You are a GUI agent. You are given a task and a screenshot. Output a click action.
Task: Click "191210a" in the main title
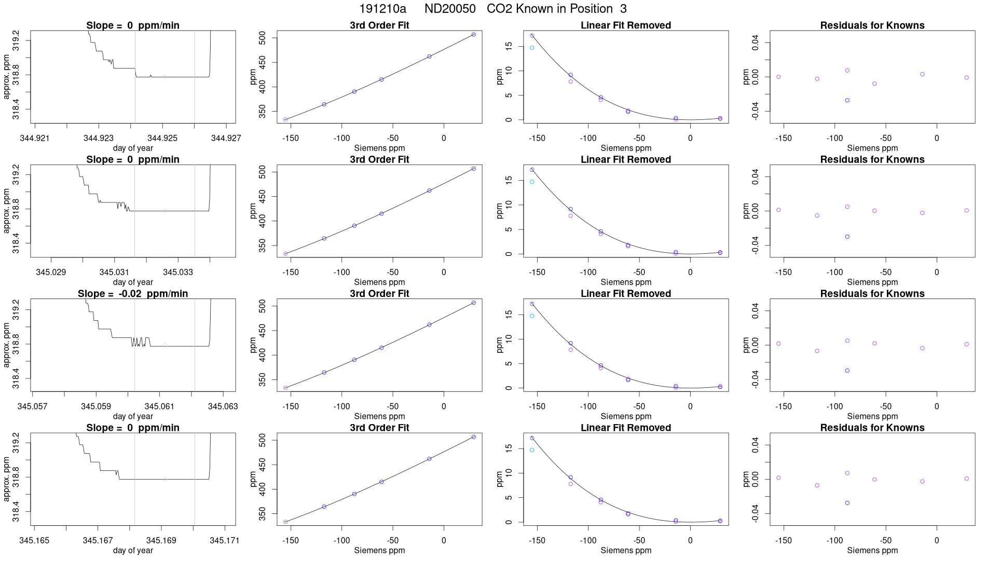click(x=382, y=9)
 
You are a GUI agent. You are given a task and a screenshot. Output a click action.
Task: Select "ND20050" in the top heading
click(x=450, y=9)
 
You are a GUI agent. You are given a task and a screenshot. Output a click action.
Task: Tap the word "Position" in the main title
click(x=591, y=9)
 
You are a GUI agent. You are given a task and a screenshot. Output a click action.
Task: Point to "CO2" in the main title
click(x=498, y=9)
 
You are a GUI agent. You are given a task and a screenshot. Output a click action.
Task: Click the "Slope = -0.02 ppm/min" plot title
click(x=133, y=294)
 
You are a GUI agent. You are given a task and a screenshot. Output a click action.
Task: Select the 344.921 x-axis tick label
click(x=35, y=138)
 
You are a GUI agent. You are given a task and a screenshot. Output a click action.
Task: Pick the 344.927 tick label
click(x=226, y=138)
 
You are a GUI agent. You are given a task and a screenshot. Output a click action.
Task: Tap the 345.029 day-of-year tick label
click(x=51, y=272)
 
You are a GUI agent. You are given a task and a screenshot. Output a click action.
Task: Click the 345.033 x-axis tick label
click(x=178, y=272)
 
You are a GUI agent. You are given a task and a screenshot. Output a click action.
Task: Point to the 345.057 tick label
click(x=32, y=406)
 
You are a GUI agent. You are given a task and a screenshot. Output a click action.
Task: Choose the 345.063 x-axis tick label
click(x=223, y=406)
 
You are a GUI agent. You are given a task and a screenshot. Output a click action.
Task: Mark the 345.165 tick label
click(x=34, y=540)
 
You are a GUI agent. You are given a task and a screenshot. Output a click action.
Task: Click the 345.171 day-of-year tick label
click(x=225, y=540)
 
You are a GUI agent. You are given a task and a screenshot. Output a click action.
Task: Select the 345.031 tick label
click(x=114, y=272)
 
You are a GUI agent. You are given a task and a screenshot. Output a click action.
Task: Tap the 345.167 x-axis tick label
click(x=98, y=540)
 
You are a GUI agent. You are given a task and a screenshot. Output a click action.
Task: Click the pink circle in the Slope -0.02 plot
click(x=165, y=345)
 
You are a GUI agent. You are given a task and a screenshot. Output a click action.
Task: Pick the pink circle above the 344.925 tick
click(x=165, y=77)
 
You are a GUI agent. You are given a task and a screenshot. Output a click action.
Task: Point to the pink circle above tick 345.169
click(x=165, y=479)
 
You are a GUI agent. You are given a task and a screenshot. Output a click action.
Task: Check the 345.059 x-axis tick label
click(x=96, y=406)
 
